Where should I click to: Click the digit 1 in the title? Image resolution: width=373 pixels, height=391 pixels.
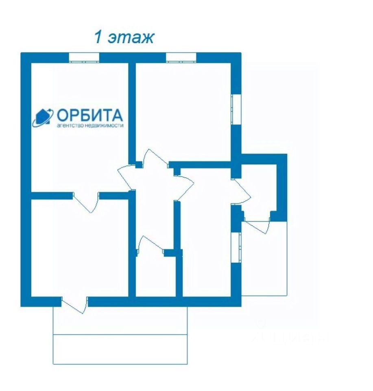click(x=98, y=37)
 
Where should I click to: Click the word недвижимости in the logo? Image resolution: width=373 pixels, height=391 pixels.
click(x=105, y=126)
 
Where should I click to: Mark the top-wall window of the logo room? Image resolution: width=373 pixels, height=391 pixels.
click(x=84, y=57)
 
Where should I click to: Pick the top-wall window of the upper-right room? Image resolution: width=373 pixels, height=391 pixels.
click(x=181, y=57)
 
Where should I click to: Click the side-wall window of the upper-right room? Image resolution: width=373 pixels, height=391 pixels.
click(x=236, y=109)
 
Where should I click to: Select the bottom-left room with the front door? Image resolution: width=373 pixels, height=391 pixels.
click(x=79, y=248)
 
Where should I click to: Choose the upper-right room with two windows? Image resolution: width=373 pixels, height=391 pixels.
click(x=183, y=110)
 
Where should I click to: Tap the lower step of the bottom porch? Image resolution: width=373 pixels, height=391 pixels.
click(x=120, y=349)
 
